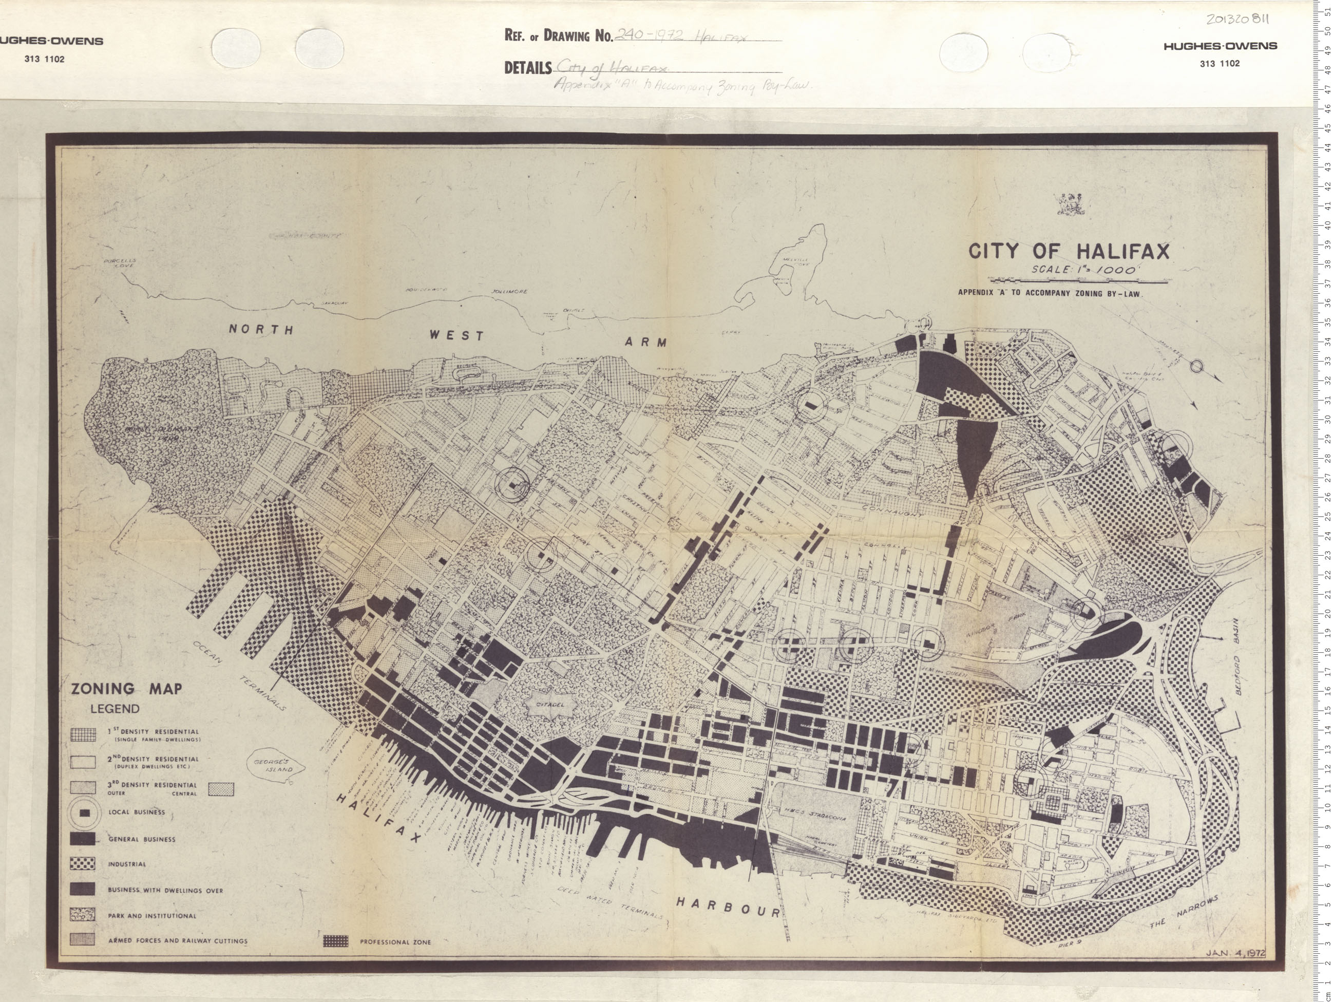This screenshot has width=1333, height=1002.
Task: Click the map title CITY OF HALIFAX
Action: (x=1068, y=251)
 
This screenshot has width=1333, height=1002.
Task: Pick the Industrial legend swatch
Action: (x=83, y=864)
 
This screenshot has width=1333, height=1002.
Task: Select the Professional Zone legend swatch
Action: (x=336, y=941)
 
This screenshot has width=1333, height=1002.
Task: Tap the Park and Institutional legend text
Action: (x=152, y=915)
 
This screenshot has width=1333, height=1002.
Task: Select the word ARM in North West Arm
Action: (x=646, y=342)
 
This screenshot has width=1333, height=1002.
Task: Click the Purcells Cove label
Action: (x=120, y=263)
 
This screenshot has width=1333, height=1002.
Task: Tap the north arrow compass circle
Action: (x=1196, y=365)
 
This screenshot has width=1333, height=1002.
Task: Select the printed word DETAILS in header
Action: (x=527, y=67)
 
